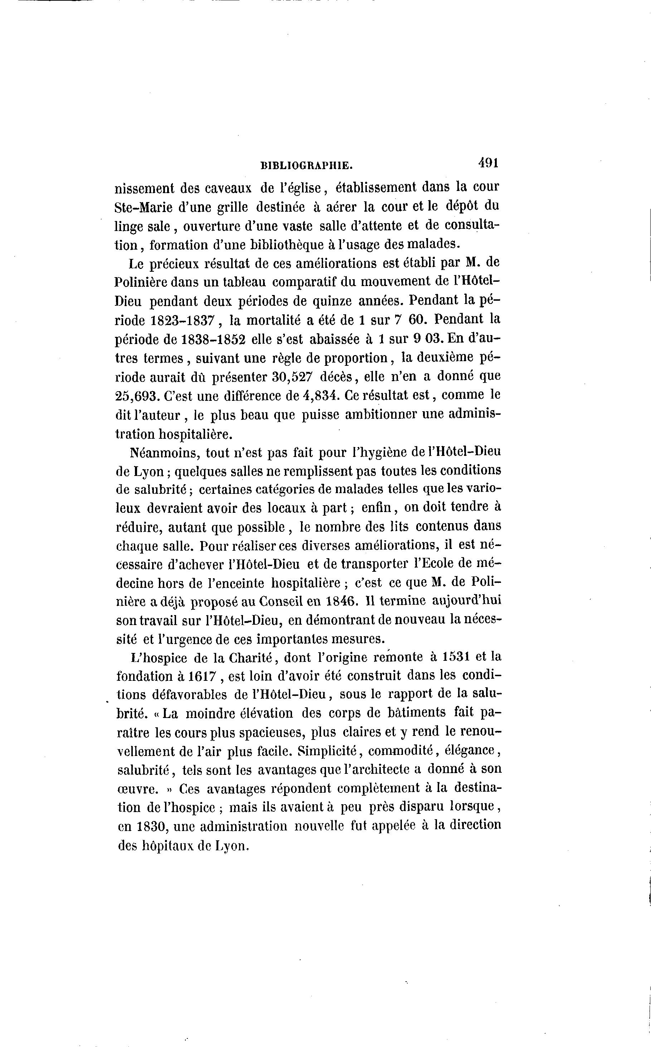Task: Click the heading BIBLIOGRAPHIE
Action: pyautogui.click(x=307, y=165)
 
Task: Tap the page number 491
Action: pyautogui.click(x=488, y=163)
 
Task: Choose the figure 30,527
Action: pyautogui.click(x=292, y=377)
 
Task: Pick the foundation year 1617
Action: pyautogui.click(x=202, y=677)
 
